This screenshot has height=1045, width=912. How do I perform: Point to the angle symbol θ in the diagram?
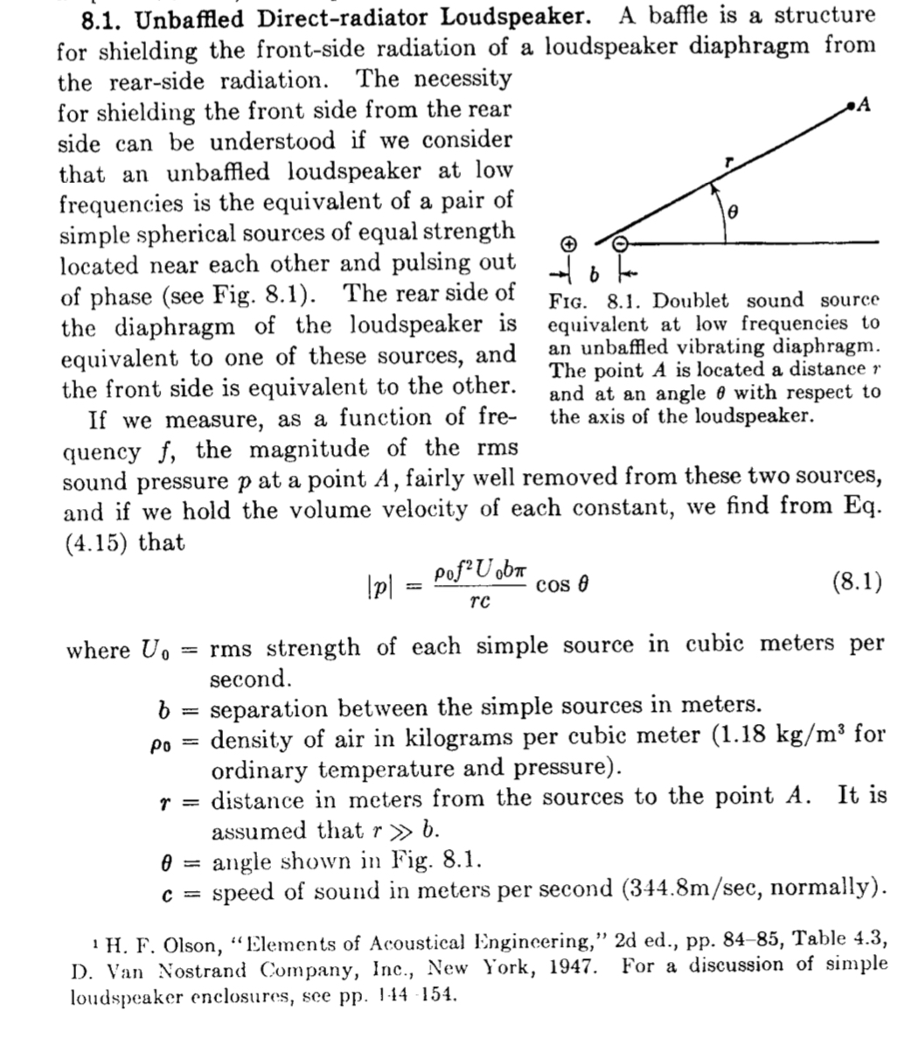(734, 211)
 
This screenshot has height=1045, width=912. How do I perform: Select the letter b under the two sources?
(594, 275)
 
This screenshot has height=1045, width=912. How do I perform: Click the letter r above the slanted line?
(727, 161)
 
